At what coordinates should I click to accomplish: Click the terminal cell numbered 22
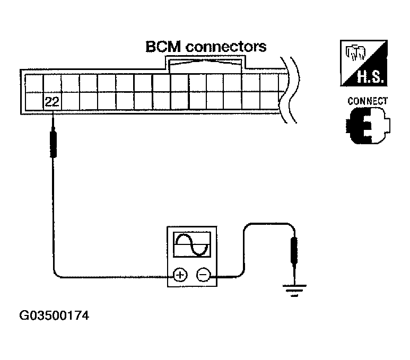(52, 102)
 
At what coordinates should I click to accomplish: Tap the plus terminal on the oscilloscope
(180, 275)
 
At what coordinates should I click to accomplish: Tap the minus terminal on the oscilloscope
(203, 275)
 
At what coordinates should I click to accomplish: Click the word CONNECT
(368, 101)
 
